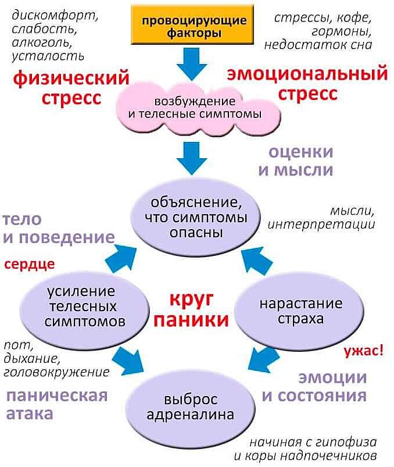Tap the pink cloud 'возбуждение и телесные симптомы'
pyautogui.click(x=195, y=108)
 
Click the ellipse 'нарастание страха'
pyautogui.click(x=300, y=312)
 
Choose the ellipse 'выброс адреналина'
pyautogui.click(x=190, y=407)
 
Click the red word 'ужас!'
pyautogui.click(x=363, y=351)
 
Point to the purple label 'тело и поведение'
pyautogui.click(x=58, y=229)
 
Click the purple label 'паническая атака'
pyautogui.click(x=57, y=405)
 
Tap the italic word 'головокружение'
pyautogui.click(x=56, y=372)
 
